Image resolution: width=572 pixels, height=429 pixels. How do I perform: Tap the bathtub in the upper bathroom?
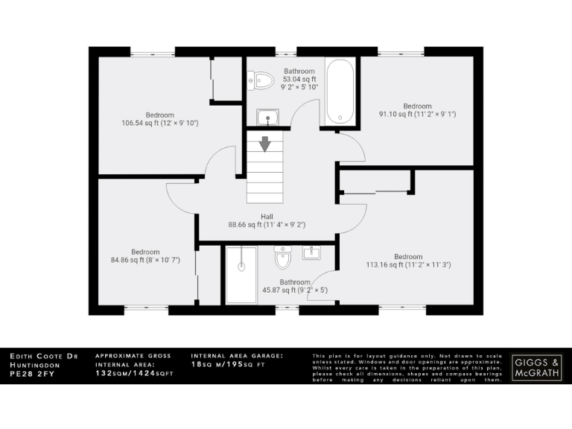tap(341, 93)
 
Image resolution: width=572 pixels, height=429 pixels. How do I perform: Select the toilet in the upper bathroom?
tap(255, 78)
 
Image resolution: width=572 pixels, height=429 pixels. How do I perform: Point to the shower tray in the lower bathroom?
tap(241, 275)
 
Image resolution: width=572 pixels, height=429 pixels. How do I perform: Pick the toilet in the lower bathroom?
tap(282, 259)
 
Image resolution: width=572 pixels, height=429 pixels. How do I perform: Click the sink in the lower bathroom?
tap(311, 253)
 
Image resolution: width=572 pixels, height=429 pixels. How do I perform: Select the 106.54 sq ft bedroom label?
tap(160, 118)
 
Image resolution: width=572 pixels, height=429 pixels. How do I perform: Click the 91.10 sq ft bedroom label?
tap(417, 110)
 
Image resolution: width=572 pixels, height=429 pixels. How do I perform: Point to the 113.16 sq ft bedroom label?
tap(408, 261)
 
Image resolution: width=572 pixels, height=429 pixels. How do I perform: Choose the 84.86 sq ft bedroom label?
tap(145, 256)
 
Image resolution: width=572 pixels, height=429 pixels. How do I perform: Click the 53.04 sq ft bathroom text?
tap(299, 79)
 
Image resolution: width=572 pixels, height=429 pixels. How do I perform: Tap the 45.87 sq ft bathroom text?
tap(295, 286)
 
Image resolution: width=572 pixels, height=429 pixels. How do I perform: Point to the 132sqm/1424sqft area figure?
tap(133, 373)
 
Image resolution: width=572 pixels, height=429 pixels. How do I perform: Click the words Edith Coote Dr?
tap(44, 357)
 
